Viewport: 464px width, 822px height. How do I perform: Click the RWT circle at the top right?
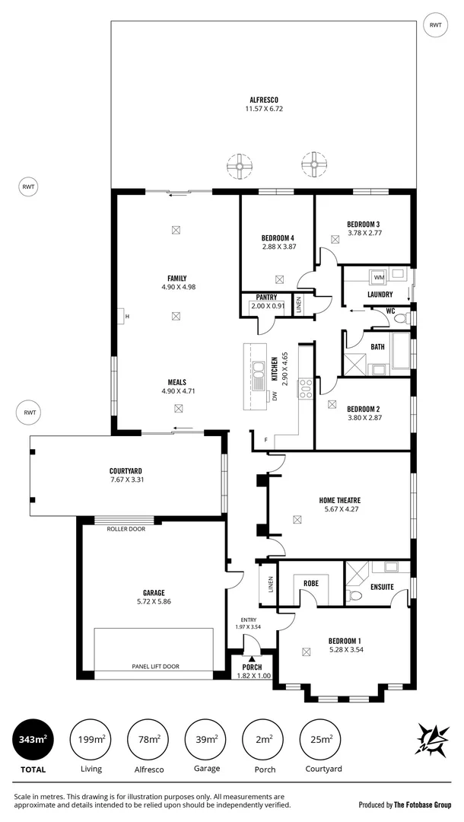435,25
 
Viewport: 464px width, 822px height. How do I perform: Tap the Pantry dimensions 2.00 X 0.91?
267,307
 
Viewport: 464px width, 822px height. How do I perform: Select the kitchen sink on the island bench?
259,370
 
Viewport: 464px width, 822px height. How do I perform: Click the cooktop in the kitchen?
305,388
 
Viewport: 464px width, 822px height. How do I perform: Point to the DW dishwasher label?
275,396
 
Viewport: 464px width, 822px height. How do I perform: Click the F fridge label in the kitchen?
265,440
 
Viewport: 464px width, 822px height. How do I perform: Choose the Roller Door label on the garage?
126,527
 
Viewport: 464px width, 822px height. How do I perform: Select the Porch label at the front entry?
252,667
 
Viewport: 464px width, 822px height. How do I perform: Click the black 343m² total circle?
29,739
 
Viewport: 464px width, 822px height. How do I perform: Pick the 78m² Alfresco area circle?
148,739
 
